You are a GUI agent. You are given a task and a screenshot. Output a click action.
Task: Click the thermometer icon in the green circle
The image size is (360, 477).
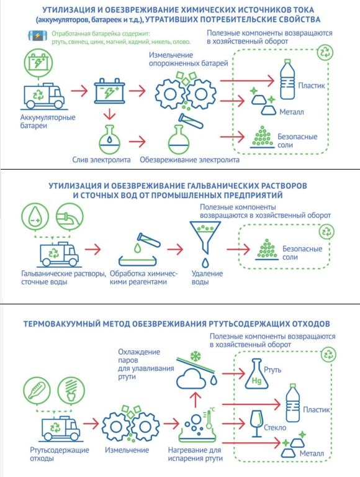coord(37,390)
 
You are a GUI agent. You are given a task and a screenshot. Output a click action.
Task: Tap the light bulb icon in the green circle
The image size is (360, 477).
coord(71,390)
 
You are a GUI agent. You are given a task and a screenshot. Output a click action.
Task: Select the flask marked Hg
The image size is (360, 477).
coord(256,374)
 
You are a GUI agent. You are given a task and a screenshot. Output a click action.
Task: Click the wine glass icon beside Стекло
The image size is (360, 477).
coord(257,424)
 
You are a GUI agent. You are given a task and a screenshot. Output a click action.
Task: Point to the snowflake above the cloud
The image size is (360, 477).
coord(196,357)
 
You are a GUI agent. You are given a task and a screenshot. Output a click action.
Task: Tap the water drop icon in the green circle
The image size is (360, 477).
coord(35,217)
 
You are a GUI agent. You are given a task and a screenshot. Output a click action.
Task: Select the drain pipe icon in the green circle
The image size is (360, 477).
coord(70,217)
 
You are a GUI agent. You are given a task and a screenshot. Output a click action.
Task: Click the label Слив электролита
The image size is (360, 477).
coord(101,160)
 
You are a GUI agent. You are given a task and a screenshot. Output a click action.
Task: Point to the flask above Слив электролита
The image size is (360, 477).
coord(110,140)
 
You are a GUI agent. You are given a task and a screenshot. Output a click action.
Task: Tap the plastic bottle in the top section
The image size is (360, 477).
coord(287,79)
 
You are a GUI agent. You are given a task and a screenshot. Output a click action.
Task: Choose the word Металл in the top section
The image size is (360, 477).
coord(292,112)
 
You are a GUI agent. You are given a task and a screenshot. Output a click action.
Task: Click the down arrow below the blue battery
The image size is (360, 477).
coord(110,115)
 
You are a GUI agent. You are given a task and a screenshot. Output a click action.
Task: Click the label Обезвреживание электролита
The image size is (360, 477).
coord(189,160)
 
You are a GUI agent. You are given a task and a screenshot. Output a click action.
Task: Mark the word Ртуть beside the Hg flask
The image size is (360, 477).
coord(272,370)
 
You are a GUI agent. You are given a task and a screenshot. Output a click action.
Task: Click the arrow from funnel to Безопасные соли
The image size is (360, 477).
coord(238,250)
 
